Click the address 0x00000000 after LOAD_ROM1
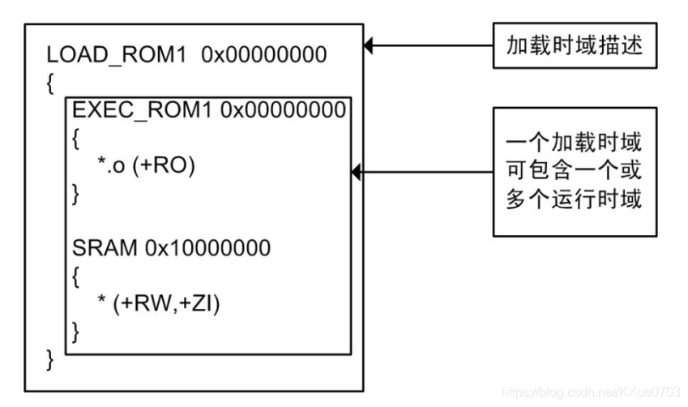click(263, 56)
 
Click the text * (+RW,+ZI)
click(158, 303)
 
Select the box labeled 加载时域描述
click(575, 45)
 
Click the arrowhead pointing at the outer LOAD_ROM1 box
click(369, 46)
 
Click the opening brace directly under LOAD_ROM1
click(50, 83)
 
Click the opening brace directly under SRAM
click(76, 276)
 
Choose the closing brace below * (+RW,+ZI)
click(76, 331)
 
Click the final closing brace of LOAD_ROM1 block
click(50, 358)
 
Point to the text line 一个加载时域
click(575, 143)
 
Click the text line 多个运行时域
click(575, 199)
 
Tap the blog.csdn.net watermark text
click(592, 392)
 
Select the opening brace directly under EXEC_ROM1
click(76, 138)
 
